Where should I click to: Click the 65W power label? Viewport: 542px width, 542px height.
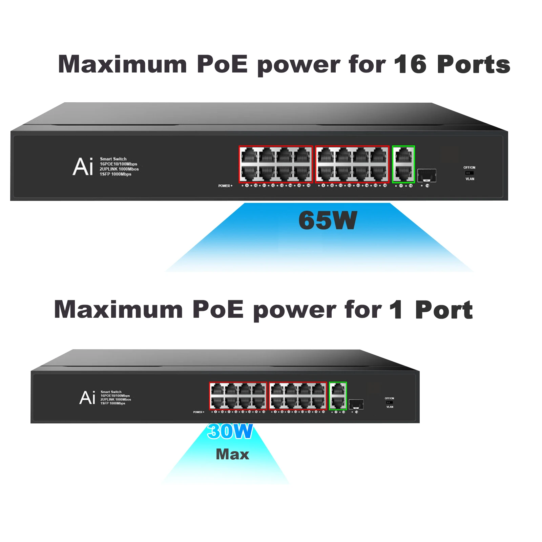click(x=328, y=221)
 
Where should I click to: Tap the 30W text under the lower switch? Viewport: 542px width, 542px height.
click(x=230, y=431)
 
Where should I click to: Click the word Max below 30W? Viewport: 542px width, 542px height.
click(x=232, y=454)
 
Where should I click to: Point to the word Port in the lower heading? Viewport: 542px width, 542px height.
click(x=444, y=310)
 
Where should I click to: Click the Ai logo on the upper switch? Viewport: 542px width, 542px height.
click(x=83, y=167)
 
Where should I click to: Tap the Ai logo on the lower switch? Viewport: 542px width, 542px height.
click(x=87, y=398)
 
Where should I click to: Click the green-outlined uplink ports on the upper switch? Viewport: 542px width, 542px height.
click(x=403, y=164)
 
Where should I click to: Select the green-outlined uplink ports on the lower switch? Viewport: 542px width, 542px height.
click(x=338, y=396)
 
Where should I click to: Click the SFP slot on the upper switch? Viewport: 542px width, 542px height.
click(x=426, y=175)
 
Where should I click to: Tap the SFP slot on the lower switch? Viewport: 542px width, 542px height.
click(x=356, y=404)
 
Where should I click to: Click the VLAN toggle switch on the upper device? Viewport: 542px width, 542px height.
click(x=469, y=173)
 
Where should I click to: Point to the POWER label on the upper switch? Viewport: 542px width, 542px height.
click(x=225, y=186)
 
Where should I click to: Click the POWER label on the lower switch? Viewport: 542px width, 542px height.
click(x=198, y=412)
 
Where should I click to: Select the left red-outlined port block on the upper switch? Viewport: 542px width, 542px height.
click(x=275, y=164)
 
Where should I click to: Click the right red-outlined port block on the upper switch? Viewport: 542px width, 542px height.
click(x=352, y=164)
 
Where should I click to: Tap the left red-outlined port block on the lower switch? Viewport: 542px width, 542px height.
click(x=238, y=396)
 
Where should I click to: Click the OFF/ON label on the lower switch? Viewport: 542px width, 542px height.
click(x=389, y=398)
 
